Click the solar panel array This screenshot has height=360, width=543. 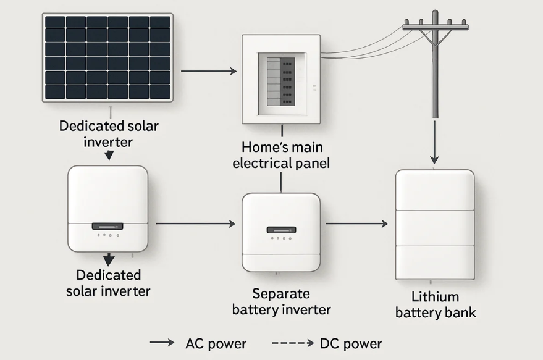coord(108,57)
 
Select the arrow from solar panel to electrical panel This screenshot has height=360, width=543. coord(209,72)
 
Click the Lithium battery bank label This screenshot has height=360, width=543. coord(436,305)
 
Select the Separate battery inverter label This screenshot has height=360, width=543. coord(281,301)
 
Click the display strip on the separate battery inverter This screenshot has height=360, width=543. coord(281,230)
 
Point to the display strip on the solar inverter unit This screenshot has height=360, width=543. coord(107,226)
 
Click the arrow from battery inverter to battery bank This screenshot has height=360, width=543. coord(356,224)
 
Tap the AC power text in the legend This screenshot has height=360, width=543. coord(216,344)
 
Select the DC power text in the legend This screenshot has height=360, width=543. coord(351,344)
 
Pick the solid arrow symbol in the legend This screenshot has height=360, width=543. coord(162,343)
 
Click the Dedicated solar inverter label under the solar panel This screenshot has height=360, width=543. coord(109,133)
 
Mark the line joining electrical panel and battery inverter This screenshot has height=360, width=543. coord(281,182)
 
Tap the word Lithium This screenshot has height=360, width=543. coord(436,297)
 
